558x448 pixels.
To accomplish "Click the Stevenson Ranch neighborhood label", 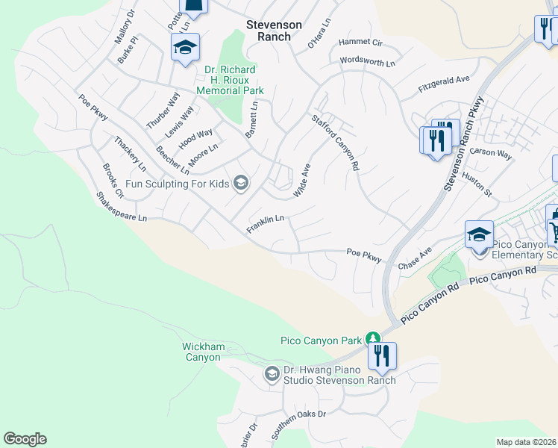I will point(275,30).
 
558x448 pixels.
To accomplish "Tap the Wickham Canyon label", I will point(201,352).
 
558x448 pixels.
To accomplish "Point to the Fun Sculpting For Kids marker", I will point(241,182).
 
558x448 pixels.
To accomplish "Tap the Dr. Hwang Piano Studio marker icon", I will point(272,372).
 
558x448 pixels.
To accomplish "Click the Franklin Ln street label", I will point(266,223).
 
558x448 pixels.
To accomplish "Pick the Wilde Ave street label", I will point(301,181).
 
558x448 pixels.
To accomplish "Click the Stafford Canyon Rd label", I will point(336,142).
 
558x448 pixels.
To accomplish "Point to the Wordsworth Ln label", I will point(366,62).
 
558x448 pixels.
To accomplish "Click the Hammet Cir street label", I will point(360,43).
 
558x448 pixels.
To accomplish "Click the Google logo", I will point(25,439).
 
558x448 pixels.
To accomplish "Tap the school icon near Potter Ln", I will point(184,49).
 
